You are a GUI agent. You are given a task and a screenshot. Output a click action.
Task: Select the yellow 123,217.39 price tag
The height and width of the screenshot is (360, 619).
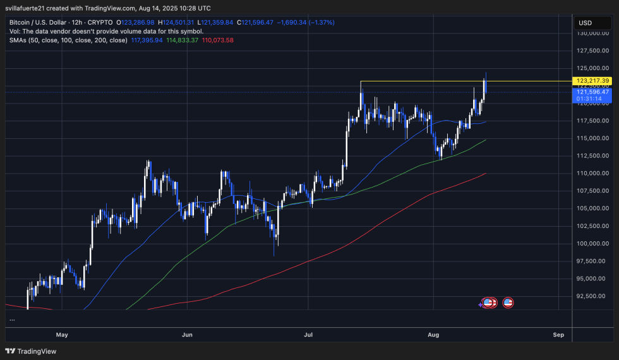592,81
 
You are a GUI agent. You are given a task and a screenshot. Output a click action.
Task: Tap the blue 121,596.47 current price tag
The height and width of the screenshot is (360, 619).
592,92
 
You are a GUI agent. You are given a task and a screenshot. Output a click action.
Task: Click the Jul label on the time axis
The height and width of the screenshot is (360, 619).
308,334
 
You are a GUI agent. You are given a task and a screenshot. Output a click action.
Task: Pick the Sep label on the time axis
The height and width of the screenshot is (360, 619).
558,334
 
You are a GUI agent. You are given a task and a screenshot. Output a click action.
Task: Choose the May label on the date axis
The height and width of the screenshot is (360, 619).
61,334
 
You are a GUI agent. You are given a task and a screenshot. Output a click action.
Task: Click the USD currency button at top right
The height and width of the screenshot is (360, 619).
585,23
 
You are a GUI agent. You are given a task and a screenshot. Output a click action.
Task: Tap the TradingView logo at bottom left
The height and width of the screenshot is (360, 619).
31,351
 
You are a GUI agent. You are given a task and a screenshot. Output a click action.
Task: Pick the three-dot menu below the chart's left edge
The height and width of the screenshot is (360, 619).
13,320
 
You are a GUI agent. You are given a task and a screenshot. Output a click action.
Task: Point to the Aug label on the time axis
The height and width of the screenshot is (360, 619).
433,334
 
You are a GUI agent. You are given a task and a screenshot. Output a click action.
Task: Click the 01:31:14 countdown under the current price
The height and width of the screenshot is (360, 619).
592,99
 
